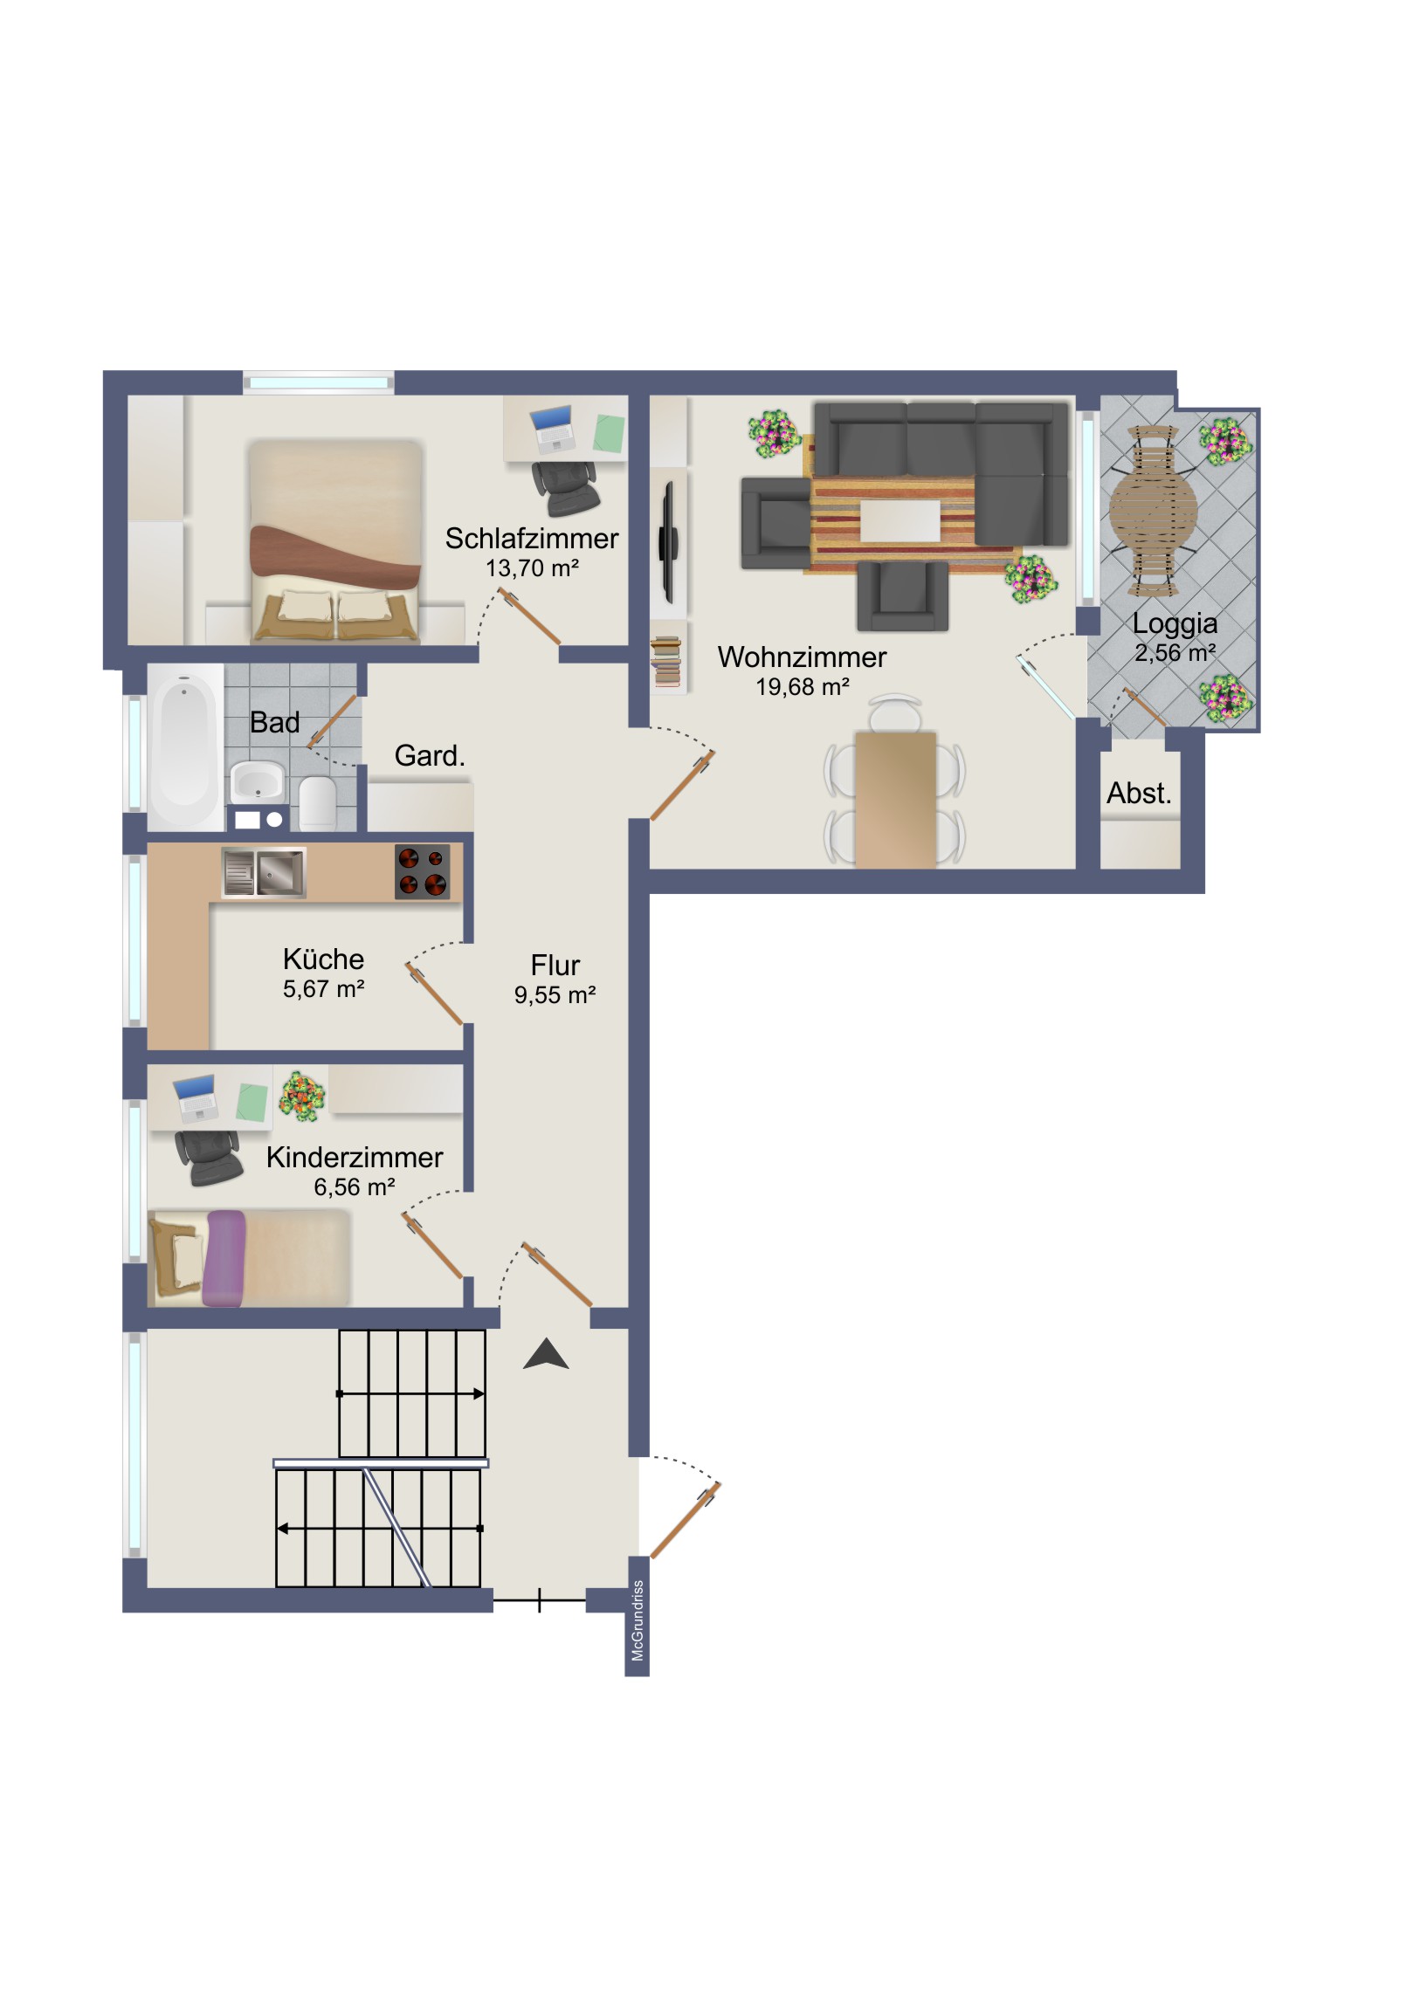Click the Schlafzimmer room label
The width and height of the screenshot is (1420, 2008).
531,539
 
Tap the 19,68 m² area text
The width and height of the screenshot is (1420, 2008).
803,687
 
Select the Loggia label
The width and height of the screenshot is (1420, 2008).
1174,624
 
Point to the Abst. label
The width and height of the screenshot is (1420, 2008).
1138,794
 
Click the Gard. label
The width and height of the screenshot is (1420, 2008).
430,756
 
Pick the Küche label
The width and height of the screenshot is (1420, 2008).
323,959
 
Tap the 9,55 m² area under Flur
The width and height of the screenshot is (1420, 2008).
555,995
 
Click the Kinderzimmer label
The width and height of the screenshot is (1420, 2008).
355,1157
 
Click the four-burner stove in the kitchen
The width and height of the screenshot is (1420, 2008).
423,872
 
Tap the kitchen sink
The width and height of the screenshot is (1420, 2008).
264,872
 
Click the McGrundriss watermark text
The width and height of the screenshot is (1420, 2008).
637,1620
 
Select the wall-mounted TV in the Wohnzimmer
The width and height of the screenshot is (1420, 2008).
668,542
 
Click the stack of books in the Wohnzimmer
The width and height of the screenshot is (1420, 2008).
666,661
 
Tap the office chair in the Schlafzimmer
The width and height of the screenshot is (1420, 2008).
565,488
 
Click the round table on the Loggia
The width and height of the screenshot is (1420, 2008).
1153,509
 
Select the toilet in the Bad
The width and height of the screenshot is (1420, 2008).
318,803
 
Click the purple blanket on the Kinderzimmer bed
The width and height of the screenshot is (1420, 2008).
224,1259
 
